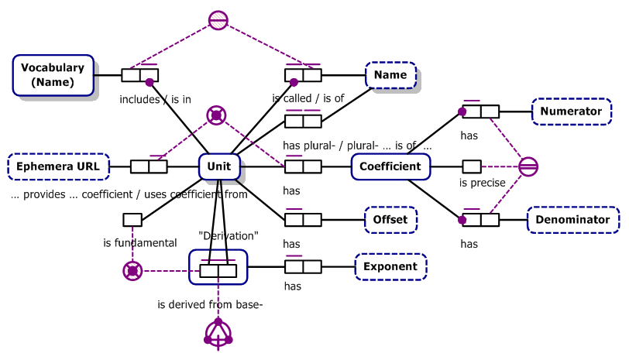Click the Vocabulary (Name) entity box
click(53, 75)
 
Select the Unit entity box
click(219, 166)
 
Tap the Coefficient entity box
click(390, 166)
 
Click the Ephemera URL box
click(58, 166)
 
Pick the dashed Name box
click(390, 75)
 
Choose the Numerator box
click(571, 111)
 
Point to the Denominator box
click(574, 220)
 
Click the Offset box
click(390, 220)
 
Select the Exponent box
click(390, 266)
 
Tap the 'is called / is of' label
click(308, 99)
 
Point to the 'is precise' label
click(482, 183)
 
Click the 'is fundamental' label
click(140, 243)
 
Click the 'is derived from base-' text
click(210, 304)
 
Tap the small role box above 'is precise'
click(472, 166)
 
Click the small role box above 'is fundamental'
click(132, 220)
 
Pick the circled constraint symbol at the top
click(218, 21)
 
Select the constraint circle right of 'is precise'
click(528, 166)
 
